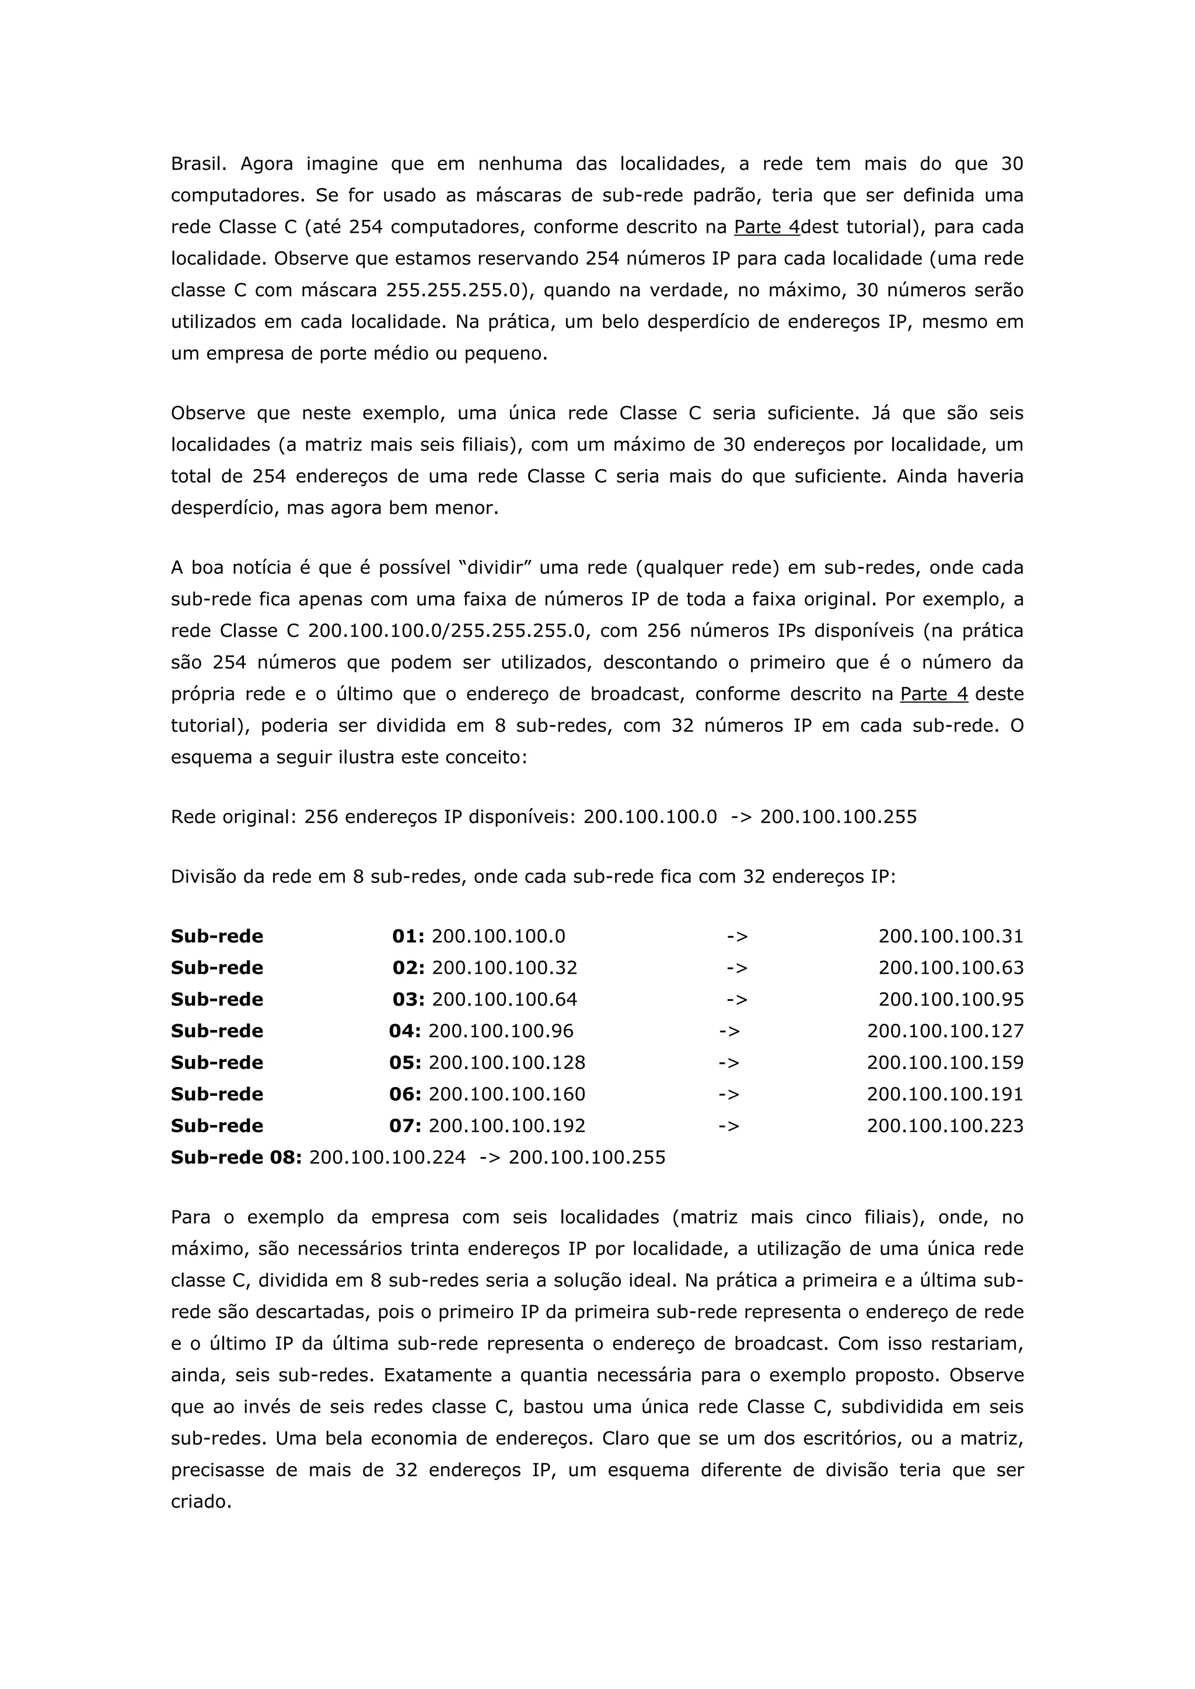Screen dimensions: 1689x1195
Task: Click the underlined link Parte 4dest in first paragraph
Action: pos(767,227)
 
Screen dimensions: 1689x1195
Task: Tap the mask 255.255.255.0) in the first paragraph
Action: pos(459,290)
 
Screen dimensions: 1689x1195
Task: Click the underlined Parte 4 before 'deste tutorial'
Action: pos(934,695)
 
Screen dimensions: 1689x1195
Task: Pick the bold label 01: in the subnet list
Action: pos(408,937)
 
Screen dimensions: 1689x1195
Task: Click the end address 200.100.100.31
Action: pos(951,937)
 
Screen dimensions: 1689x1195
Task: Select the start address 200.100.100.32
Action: pos(505,968)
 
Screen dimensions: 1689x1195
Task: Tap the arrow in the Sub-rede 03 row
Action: pos(736,1000)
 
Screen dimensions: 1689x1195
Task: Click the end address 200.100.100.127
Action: pos(945,1031)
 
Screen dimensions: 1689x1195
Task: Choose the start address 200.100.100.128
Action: pos(507,1063)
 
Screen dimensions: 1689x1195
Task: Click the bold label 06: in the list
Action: pos(406,1095)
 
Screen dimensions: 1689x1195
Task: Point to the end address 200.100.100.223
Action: pos(945,1126)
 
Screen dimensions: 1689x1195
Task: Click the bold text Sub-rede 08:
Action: pos(236,1158)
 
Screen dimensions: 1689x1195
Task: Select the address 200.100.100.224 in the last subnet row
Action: pos(388,1158)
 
